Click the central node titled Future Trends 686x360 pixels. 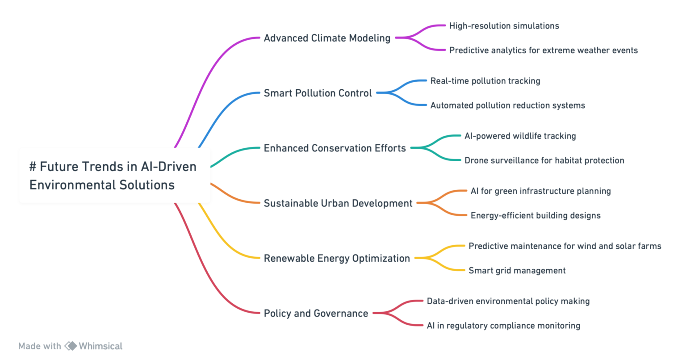114,175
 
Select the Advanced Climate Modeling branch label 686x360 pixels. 327,38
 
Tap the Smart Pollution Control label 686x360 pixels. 318,93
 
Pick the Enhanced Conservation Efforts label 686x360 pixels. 335,148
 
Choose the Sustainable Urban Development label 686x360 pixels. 338,203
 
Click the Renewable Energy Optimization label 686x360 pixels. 337,258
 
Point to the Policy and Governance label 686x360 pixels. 316,313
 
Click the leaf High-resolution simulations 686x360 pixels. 504,26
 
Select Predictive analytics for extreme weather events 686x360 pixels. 543,50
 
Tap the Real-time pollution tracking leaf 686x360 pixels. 485,81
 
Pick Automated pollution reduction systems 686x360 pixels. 507,105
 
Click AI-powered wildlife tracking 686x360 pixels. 520,136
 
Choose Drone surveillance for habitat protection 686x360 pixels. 544,160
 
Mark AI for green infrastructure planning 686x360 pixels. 540,191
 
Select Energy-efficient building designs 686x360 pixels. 535,215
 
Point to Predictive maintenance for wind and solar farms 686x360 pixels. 565,246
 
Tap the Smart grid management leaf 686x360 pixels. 517,270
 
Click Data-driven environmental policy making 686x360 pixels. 508,301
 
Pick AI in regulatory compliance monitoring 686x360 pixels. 503,326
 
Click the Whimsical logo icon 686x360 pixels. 71,346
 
